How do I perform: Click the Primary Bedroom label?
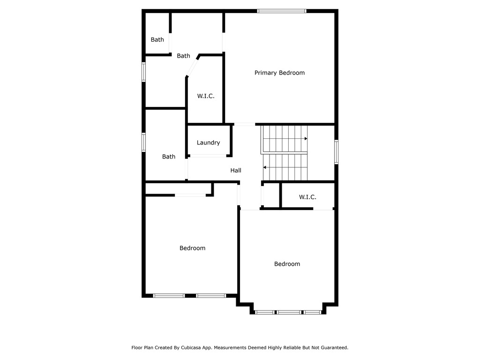[x=279, y=73]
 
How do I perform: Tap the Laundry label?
[x=208, y=142]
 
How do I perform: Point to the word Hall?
[x=236, y=171]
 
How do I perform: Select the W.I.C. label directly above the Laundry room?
[x=206, y=96]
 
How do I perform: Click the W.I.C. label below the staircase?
[x=307, y=197]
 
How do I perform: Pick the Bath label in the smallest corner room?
[x=157, y=40]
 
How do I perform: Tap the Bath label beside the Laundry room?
[x=169, y=157]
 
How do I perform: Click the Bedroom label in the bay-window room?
[x=287, y=264]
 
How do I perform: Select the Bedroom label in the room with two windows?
[x=193, y=248]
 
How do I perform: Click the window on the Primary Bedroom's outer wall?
[x=282, y=11]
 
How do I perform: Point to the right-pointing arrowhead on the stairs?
[x=306, y=139]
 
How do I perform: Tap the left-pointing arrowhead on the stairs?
[x=265, y=167]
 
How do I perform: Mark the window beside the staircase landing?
[x=336, y=152]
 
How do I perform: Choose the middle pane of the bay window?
[x=289, y=312]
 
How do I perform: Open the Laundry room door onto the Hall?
[x=208, y=156]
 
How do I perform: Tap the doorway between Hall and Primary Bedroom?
[x=245, y=124]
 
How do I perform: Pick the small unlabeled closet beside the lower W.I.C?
[x=271, y=196]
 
